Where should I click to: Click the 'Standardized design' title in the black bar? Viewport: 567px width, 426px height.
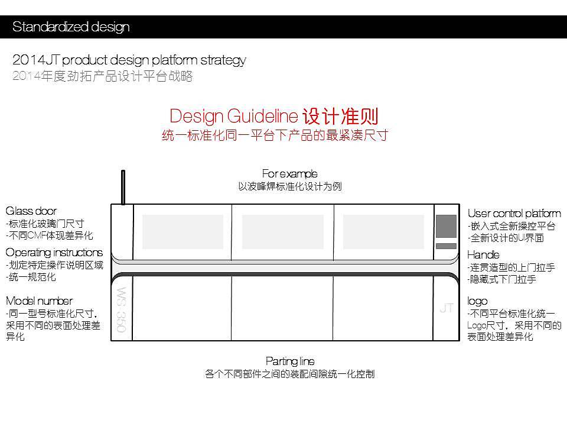tap(71, 27)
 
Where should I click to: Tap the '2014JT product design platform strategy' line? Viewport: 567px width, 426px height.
tap(129, 60)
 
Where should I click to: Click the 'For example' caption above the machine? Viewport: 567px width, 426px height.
tap(289, 173)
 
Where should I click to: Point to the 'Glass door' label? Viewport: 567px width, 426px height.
tap(31, 211)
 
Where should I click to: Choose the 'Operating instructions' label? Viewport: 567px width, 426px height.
tap(54, 253)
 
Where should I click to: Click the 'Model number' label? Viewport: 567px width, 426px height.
tap(39, 301)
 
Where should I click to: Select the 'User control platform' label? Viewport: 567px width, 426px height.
tap(514, 214)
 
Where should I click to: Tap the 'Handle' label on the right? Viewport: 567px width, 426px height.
tap(483, 255)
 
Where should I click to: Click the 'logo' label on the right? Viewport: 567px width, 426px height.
tap(477, 301)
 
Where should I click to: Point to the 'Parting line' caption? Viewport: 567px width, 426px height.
tap(289, 361)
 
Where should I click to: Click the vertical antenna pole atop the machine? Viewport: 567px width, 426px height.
tap(123, 187)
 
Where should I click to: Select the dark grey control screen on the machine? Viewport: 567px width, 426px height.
tap(446, 225)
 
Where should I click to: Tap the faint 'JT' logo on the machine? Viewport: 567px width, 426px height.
tap(446, 308)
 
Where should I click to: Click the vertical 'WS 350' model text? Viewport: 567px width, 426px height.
tap(121, 309)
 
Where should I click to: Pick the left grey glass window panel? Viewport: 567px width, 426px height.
tap(183, 231)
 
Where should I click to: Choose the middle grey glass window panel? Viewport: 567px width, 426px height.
tap(283, 231)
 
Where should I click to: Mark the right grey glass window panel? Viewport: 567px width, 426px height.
tap(383, 231)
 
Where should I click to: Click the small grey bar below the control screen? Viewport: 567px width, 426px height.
tap(446, 246)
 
